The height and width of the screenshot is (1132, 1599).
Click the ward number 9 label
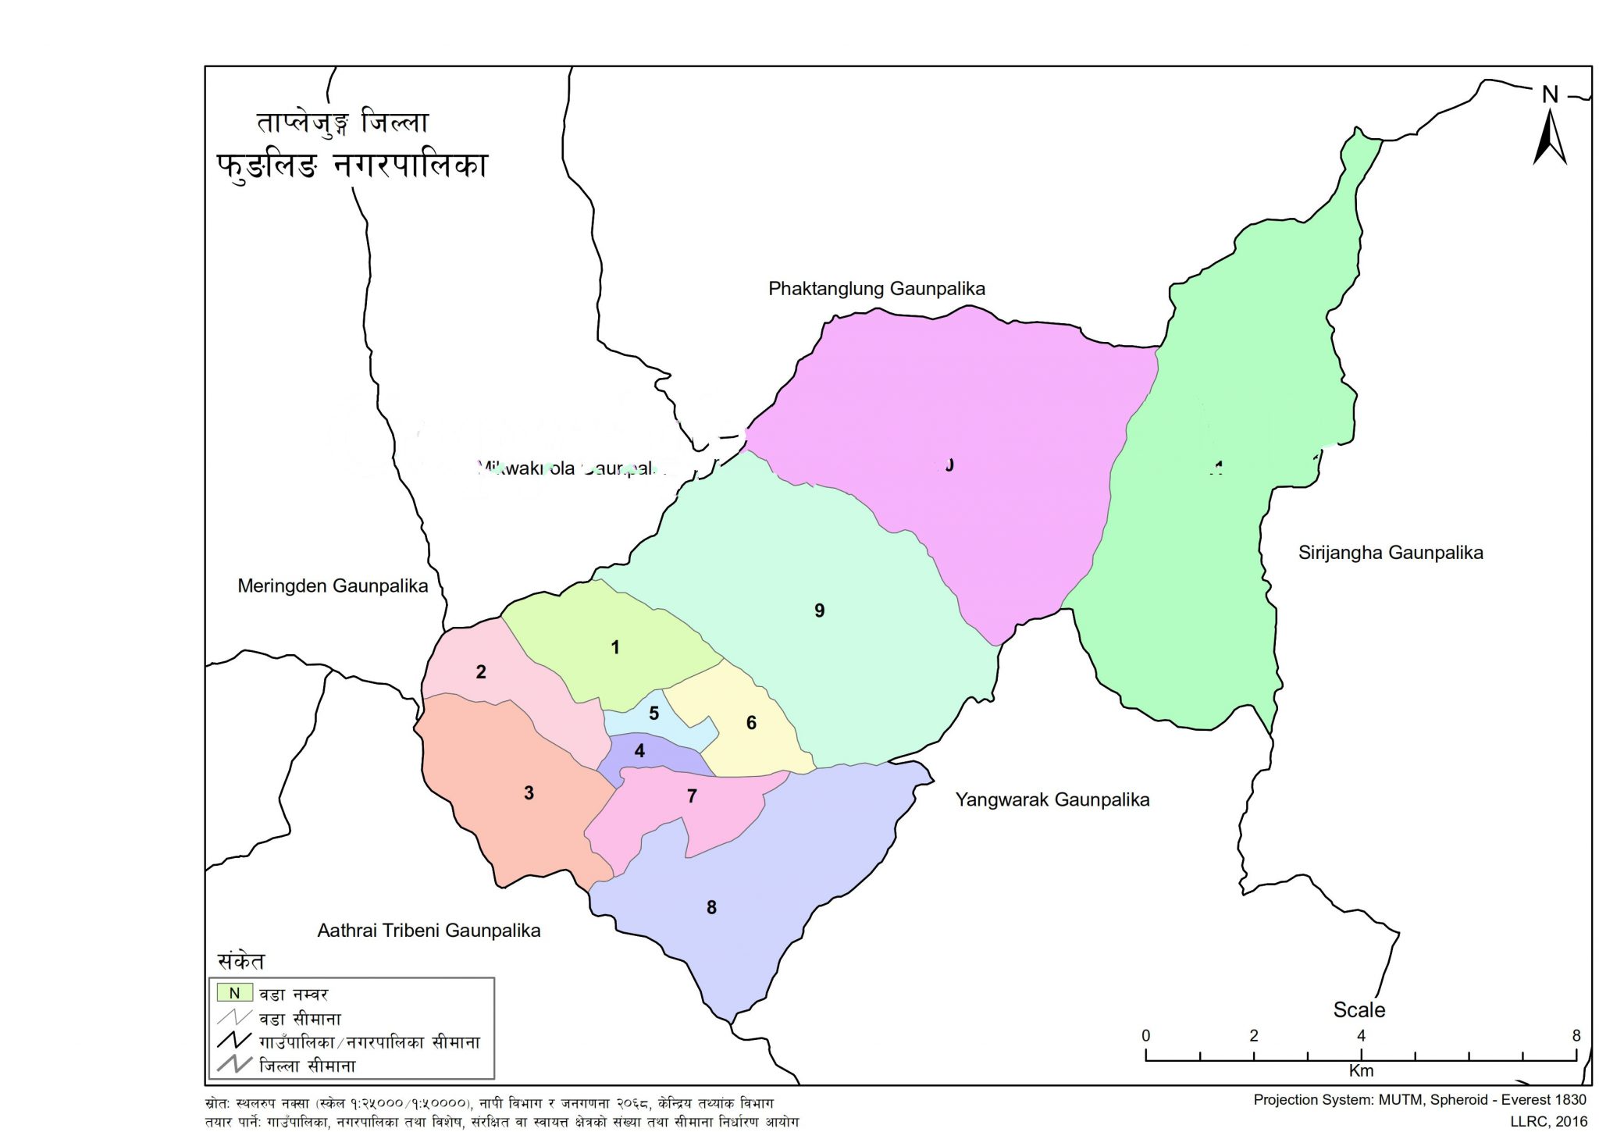point(819,610)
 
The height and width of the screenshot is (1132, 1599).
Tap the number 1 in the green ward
point(615,647)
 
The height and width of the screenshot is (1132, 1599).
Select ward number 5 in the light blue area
point(654,713)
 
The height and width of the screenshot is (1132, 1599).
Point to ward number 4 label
point(639,751)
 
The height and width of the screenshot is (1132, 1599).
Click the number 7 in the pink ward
point(692,796)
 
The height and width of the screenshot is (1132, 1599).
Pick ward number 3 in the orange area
point(529,793)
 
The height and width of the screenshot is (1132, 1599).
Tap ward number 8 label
point(711,907)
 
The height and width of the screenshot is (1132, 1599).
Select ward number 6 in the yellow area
point(751,723)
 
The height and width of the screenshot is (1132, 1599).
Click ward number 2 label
point(481,671)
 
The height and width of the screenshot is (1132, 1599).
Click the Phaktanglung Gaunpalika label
point(876,289)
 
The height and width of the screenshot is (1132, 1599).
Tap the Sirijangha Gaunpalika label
point(1390,553)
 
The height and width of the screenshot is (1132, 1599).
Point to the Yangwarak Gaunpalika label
point(1052,799)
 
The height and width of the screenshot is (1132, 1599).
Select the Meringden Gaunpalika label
point(333,586)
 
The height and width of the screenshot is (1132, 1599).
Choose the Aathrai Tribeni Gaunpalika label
point(429,931)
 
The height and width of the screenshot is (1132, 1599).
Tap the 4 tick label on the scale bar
point(1361,1036)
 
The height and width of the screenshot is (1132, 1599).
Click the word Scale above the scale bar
point(1359,1009)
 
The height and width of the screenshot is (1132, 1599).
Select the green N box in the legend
point(234,993)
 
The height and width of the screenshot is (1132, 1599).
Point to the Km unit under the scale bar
point(1360,1070)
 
